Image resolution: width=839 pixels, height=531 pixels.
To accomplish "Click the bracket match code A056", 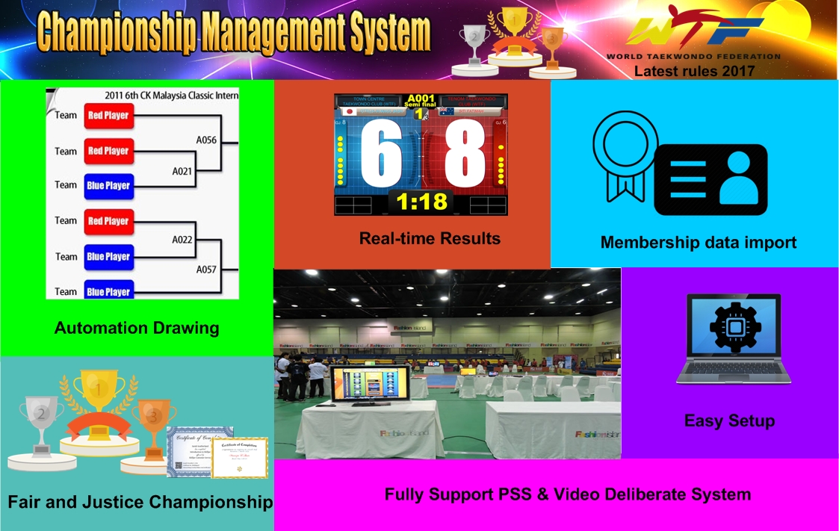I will (206, 139).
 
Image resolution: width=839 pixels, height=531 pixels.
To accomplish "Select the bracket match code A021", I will (182, 171).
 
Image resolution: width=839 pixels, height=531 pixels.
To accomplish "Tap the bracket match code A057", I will (206, 269).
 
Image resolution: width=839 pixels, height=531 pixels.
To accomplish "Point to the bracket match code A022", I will (182, 240).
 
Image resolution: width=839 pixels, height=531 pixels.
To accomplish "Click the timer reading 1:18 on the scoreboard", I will (421, 201).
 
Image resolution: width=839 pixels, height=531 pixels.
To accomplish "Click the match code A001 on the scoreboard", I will (421, 99).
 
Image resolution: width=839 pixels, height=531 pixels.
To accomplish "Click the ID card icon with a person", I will (710, 179).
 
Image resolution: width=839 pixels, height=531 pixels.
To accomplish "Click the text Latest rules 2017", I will (694, 72).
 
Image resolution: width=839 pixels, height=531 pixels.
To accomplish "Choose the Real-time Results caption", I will (430, 238).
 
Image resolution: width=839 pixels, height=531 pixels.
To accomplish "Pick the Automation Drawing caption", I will (137, 327).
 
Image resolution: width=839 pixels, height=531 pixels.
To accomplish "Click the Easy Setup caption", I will (729, 420).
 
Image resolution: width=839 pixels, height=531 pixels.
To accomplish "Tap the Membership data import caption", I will (699, 242).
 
